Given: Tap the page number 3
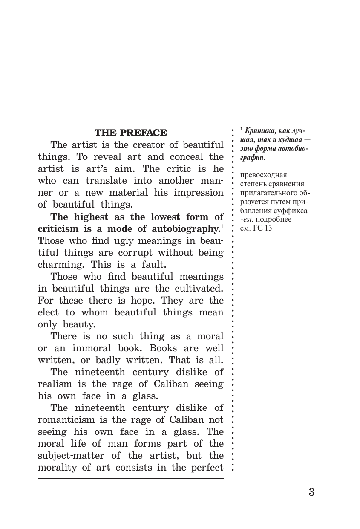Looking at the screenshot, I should point(311,492).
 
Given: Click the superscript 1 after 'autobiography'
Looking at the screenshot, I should point(222,226).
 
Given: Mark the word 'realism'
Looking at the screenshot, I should point(56,384).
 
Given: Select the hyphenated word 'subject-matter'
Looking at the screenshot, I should point(72,455).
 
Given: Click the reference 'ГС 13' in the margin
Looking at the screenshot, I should point(261,228).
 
